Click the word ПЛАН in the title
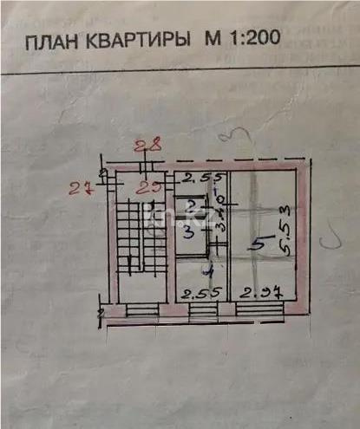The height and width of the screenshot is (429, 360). pyautogui.click(x=55, y=42)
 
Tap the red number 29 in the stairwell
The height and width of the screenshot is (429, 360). pyautogui.click(x=153, y=183)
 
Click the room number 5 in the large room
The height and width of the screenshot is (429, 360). pyautogui.click(x=256, y=246)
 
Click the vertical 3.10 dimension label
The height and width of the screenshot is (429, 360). pyautogui.click(x=220, y=211)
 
